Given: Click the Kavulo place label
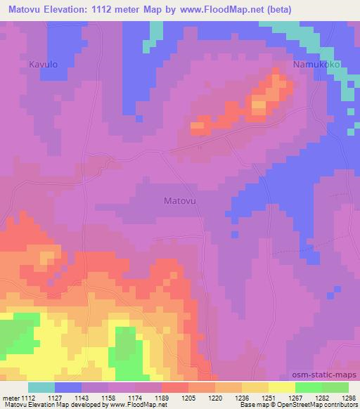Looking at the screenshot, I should point(43,64).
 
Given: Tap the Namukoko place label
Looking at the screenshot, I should point(316,64).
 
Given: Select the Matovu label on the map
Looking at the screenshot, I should point(179,200).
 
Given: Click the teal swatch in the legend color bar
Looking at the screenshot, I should point(41,387).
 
